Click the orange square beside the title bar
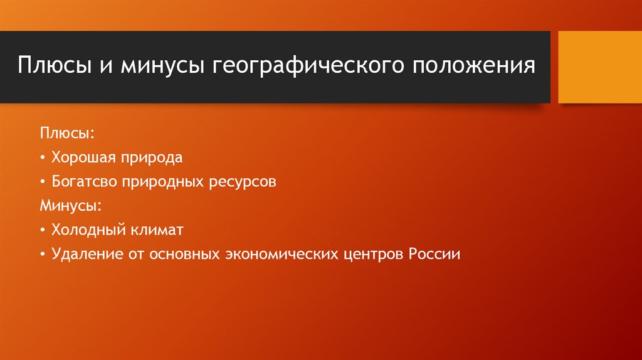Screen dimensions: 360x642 (x=598, y=67)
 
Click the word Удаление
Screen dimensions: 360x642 (x=84, y=255)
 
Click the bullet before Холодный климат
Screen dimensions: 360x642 (x=42, y=230)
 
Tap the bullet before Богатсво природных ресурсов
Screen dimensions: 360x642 (x=42, y=182)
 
